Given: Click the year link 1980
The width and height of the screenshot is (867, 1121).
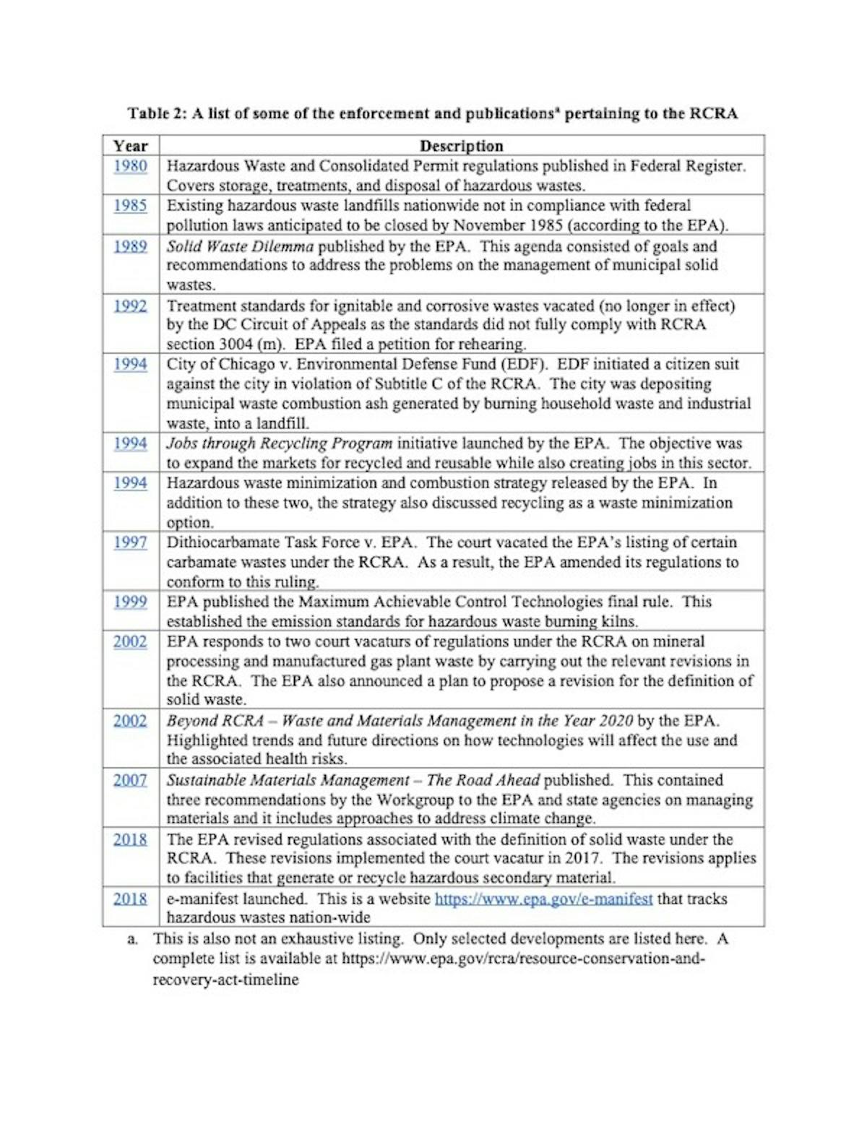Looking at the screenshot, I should point(130,166).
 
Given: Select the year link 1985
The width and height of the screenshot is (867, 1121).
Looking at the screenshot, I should point(130,206).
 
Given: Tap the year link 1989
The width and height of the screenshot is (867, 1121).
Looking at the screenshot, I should point(130,246).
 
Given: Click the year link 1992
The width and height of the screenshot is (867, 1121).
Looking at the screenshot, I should point(130,306).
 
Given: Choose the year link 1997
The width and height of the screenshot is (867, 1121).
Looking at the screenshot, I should point(130,542).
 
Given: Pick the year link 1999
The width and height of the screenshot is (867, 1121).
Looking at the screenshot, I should point(130,602).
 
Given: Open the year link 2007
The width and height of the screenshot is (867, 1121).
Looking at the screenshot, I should point(130,780).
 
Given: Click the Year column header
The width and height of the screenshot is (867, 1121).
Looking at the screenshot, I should point(130,146).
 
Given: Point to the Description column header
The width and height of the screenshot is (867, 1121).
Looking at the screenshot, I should point(461,146).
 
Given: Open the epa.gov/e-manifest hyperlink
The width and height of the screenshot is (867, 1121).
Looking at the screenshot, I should point(543,899).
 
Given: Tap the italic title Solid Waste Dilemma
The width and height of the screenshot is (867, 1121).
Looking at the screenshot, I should point(240,246).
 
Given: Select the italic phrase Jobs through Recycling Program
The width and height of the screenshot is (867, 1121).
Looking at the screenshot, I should point(279,443).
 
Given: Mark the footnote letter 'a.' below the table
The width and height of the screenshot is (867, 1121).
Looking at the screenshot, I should point(132,939).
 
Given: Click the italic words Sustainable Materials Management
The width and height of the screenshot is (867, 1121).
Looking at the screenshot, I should point(288,780).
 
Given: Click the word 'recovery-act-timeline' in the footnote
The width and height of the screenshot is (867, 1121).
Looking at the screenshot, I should point(225,980).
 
